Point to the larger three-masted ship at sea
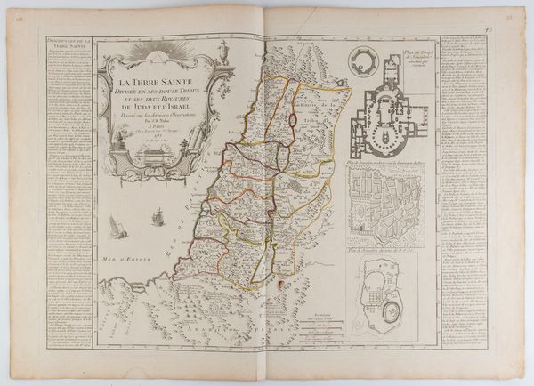(x=158, y=217)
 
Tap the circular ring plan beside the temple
(x=362, y=61)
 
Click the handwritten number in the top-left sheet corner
(x=21, y=17)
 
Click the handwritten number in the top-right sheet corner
(x=508, y=17)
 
